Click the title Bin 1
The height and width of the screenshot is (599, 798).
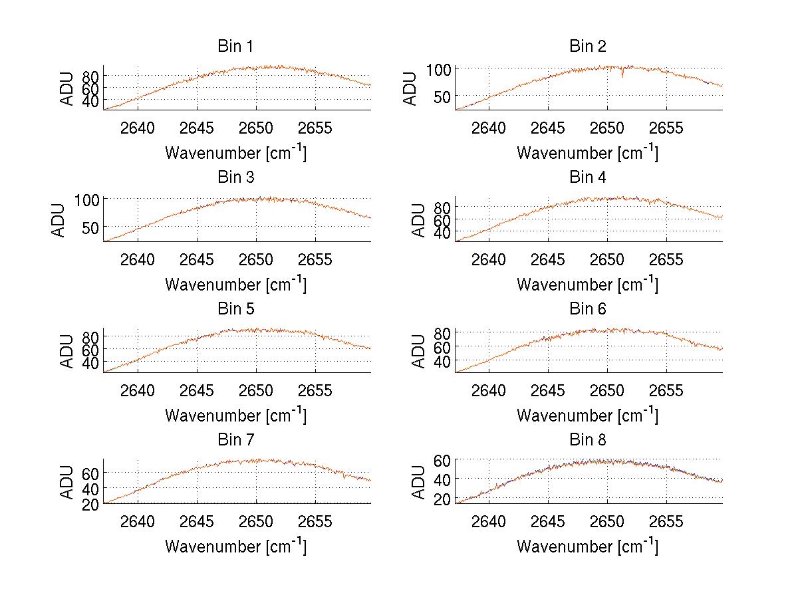pyautogui.click(x=235, y=47)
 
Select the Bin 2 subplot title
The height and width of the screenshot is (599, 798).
pyautogui.click(x=588, y=47)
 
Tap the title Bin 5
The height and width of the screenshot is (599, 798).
pyautogui.click(x=235, y=309)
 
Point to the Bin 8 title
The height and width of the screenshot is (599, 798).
pyautogui.click(x=588, y=440)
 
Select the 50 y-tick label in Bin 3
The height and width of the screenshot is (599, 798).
pyautogui.click(x=91, y=227)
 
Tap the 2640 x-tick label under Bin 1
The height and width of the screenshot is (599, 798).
pyautogui.click(x=138, y=128)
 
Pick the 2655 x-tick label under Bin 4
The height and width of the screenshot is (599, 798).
pyautogui.click(x=666, y=260)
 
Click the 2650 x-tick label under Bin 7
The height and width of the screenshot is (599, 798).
pyautogui.click(x=256, y=522)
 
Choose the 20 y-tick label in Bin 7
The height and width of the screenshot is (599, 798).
pyautogui.click(x=91, y=505)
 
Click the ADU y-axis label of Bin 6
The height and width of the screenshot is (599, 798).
pyautogui.click(x=419, y=351)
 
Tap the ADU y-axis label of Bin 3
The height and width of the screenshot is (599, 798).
pyautogui.click(x=59, y=220)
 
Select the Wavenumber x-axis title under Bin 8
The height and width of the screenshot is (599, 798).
pyautogui.click(x=588, y=546)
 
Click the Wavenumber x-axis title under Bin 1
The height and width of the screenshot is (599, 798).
pyautogui.click(x=235, y=152)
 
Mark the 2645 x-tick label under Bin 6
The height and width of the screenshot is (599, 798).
pyautogui.click(x=548, y=391)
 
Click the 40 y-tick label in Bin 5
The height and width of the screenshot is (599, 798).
pyautogui.click(x=91, y=362)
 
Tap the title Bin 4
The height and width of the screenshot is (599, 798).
pyautogui.click(x=588, y=178)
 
